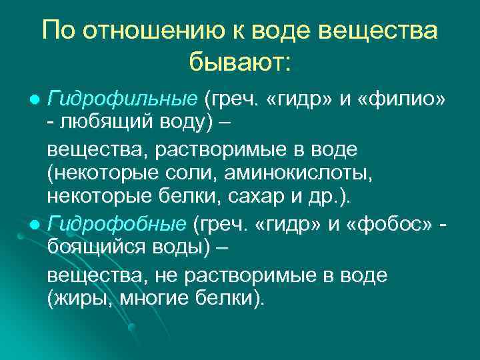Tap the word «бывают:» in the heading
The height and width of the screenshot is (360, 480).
(239, 63)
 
